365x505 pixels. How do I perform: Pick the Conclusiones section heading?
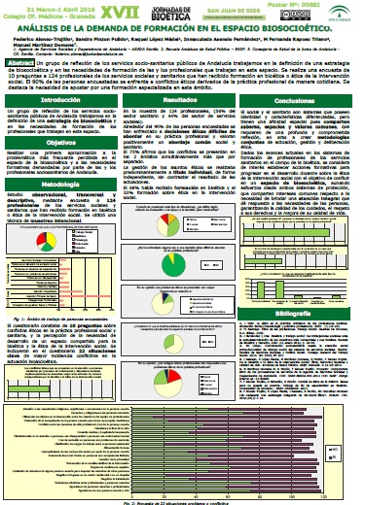coord(301,100)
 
